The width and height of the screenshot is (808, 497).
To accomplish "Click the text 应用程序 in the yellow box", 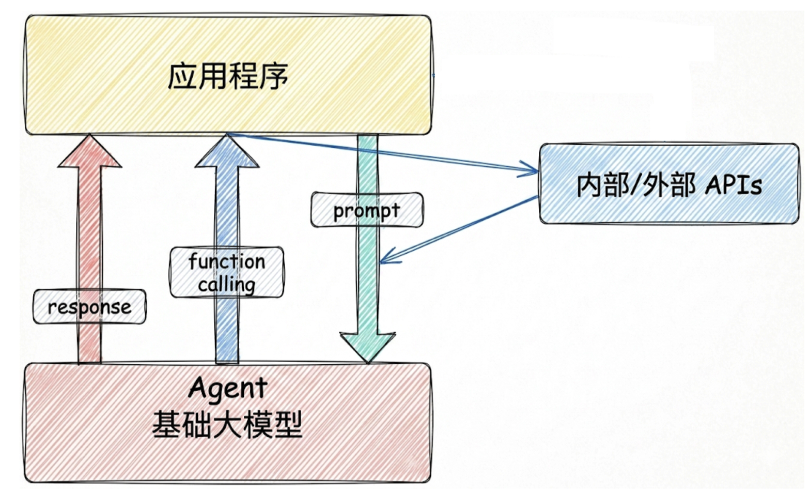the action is [x=228, y=76].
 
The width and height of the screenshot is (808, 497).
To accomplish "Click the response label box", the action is [x=89, y=306].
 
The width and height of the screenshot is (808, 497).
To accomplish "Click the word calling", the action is [x=227, y=285].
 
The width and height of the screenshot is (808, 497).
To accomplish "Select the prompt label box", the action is [x=367, y=210].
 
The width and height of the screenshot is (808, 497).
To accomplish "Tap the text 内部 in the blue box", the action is [x=602, y=185].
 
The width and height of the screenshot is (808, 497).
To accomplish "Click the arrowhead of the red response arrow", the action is [x=89, y=151].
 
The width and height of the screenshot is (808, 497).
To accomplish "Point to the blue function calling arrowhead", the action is [x=227, y=151].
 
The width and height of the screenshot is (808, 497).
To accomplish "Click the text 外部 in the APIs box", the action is [x=668, y=185].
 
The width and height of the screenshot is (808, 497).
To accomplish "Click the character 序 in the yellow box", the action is [x=274, y=76].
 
